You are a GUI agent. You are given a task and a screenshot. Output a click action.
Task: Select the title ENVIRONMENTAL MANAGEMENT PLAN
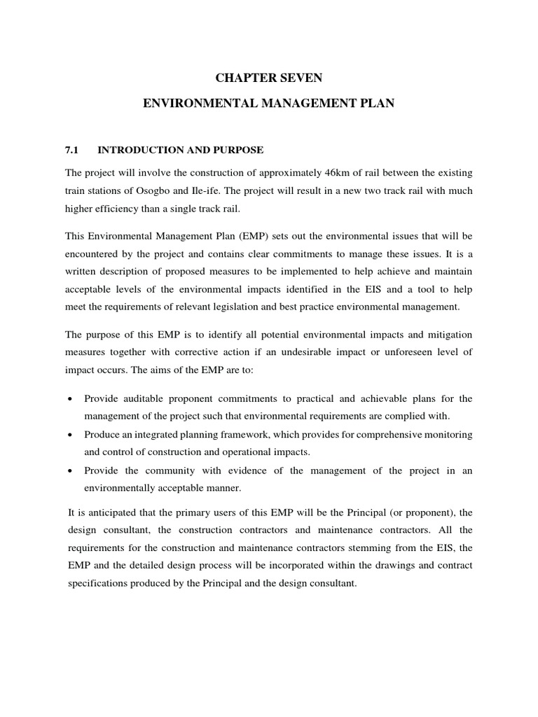269,104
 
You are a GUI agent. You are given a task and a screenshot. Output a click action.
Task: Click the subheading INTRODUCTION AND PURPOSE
181,150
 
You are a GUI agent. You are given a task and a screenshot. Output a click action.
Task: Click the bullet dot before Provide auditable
69,399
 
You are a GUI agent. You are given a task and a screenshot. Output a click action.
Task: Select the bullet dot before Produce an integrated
69,435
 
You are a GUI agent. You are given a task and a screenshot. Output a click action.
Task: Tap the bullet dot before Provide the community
69,471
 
